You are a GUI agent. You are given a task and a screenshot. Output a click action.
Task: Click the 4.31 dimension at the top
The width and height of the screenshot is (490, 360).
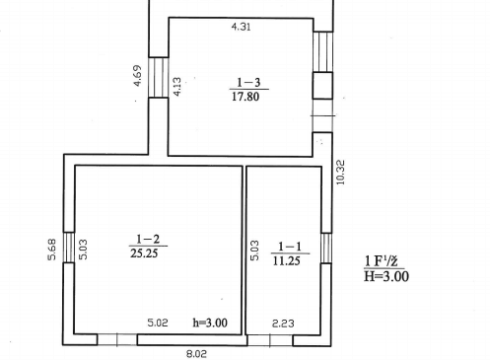[x=242, y=27]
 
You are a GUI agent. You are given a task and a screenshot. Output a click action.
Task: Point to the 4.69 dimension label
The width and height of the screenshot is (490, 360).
[x=138, y=76]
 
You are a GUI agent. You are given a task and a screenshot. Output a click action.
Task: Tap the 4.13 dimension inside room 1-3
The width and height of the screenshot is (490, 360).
[x=176, y=87]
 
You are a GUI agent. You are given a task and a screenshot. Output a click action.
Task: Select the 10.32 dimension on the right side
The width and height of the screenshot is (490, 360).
[x=341, y=172]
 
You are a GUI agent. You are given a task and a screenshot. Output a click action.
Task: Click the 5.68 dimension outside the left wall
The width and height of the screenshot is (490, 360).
[x=52, y=250]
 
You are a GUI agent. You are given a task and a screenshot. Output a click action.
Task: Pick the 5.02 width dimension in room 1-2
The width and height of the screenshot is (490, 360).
[x=158, y=323]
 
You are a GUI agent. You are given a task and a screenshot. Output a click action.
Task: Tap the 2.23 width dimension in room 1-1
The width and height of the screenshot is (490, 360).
[x=283, y=324]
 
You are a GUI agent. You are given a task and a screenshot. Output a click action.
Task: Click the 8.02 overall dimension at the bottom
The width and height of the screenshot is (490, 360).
[x=196, y=354]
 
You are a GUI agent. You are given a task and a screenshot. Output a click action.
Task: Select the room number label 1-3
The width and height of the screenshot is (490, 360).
[x=248, y=82]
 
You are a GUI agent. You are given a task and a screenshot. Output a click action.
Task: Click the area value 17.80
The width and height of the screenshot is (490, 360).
[x=245, y=97]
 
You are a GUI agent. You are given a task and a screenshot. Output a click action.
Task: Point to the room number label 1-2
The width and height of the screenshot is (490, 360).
[x=148, y=239]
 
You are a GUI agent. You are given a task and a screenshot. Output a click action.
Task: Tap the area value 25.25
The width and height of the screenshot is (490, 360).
[x=144, y=253]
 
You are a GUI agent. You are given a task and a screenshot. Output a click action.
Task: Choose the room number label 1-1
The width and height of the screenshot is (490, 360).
[x=290, y=247]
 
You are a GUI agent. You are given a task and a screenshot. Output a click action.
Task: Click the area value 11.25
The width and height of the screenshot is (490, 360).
[x=287, y=260]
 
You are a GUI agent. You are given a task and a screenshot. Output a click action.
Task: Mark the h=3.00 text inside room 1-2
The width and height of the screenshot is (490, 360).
[x=210, y=323]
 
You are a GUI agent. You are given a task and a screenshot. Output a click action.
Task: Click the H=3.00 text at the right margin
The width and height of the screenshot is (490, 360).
[x=386, y=276]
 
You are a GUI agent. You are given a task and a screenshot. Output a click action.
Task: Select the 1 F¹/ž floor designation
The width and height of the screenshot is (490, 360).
[x=382, y=261]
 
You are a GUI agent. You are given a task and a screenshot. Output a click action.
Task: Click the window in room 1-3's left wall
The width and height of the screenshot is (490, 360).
[x=159, y=77]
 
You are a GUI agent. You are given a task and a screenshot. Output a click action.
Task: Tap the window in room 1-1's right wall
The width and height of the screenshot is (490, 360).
[x=326, y=248]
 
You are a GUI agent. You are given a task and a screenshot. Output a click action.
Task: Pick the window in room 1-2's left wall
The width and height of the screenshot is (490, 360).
[x=68, y=248]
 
